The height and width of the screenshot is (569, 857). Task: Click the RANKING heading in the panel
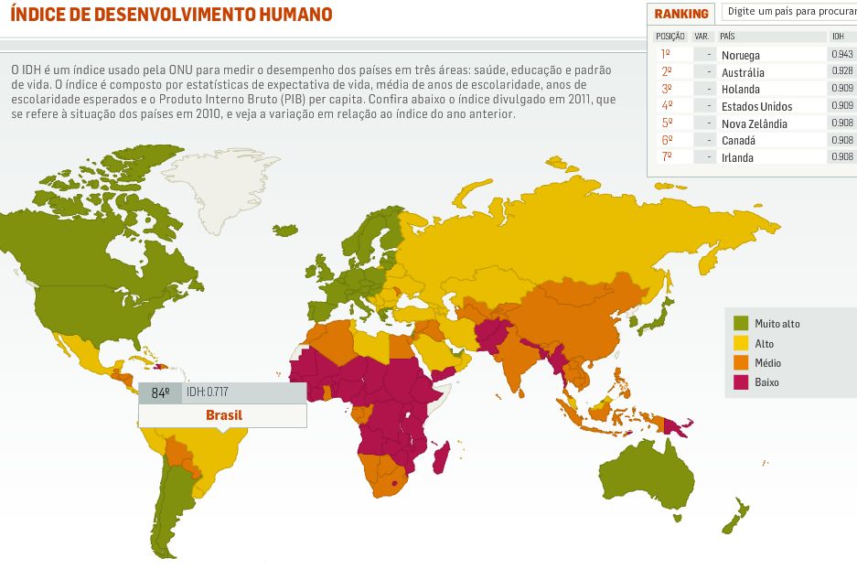(681, 14)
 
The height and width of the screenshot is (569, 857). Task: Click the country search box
(788, 12)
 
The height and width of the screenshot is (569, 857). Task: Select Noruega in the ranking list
(740, 55)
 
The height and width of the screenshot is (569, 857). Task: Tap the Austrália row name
(743, 72)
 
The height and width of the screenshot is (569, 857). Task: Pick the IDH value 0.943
(841, 55)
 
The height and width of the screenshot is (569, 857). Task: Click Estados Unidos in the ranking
(756, 106)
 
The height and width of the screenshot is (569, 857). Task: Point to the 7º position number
(667, 157)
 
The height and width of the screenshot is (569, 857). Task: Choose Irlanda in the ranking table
(738, 157)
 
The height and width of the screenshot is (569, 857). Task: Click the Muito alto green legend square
(741, 323)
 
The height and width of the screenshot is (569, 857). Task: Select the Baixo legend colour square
(741, 381)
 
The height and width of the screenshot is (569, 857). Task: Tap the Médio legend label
(767, 362)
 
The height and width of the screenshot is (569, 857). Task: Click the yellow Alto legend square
(741, 343)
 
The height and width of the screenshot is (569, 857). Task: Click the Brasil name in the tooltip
(224, 415)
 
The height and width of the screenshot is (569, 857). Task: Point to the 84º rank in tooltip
(160, 392)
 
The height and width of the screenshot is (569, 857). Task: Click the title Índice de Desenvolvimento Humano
(171, 15)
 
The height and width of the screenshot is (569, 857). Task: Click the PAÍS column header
(727, 36)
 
